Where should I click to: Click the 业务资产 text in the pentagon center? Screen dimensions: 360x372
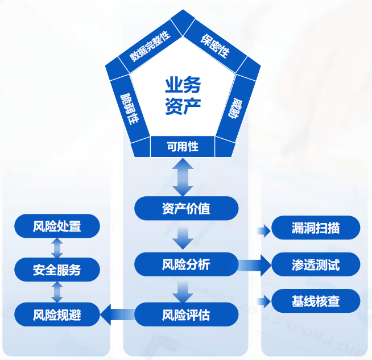183,96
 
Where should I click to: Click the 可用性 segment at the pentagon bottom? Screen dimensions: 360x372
183,147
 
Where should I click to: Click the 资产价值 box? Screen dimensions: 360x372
185,208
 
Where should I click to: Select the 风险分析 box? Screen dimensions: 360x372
185,264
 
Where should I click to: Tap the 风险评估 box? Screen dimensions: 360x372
185,314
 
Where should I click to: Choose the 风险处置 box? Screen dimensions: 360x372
57,226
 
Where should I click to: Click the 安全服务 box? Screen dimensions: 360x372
57,270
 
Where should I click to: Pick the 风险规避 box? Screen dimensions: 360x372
57,314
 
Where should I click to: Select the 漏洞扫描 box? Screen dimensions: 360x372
316,228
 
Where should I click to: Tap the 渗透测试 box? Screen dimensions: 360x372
316,264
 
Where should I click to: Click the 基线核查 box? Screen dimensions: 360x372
316,300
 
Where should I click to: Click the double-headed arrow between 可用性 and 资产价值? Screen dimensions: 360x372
183,177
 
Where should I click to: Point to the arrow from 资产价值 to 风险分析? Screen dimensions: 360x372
183,235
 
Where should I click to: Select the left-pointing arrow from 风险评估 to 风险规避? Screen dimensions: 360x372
117,313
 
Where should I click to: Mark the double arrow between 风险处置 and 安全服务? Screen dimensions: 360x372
57,248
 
